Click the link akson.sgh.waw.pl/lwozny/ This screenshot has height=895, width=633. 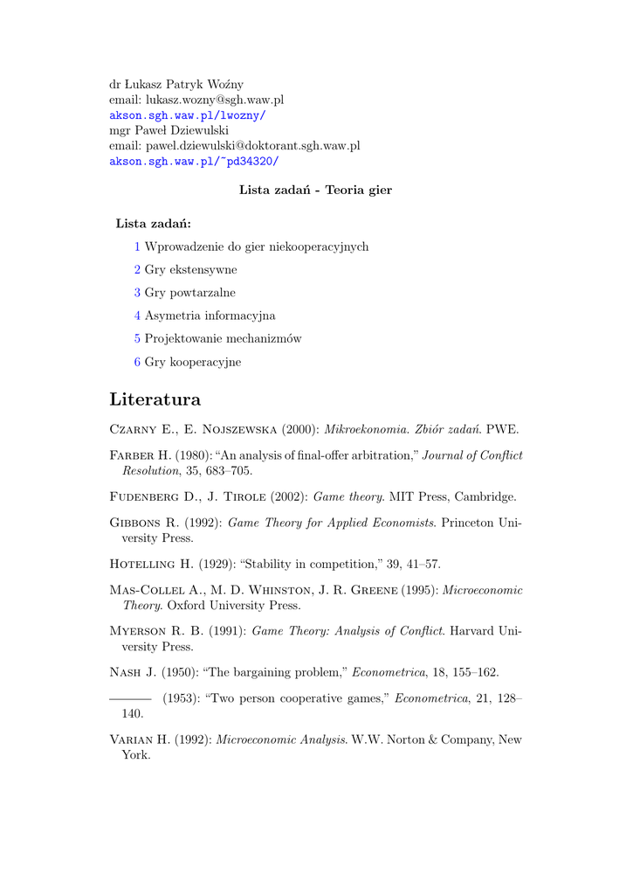pyautogui.click(x=188, y=115)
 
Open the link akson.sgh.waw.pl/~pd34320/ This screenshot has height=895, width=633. pyautogui.click(x=194, y=162)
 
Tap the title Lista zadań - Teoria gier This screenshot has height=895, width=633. pyautogui.click(x=315, y=191)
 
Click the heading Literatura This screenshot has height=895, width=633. pyautogui.click(x=155, y=399)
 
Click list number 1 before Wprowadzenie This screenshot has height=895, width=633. pyautogui.click(x=137, y=246)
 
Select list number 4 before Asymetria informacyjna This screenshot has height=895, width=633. pyautogui.click(x=137, y=316)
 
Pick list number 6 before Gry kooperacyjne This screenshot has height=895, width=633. pyautogui.click(x=137, y=362)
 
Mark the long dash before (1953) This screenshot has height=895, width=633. pyautogui.click(x=130, y=698)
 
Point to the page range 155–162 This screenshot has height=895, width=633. pyautogui.click(x=475, y=673)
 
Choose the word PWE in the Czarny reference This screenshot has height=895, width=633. pyautogui.click(x=502, y=429)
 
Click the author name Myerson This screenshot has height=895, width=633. pyautogui.click(x=140, y=631)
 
